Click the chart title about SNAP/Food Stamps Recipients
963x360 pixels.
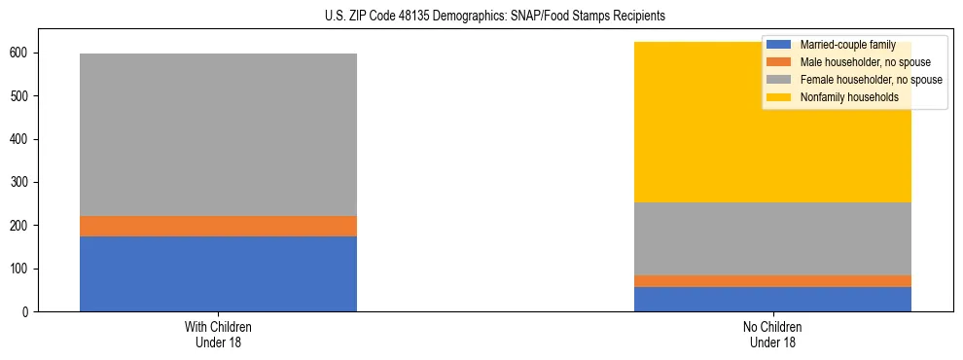coord(481,17)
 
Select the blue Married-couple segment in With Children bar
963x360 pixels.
coord(218,273)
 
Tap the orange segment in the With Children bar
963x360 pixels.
coord(218,226)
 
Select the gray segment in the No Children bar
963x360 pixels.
coord(772,238)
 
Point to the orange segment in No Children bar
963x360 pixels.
coord(772,281)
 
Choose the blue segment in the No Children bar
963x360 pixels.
coord(772,299)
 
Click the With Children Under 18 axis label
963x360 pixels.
coord(218,334)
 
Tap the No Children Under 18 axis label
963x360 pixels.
coord(772,334)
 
